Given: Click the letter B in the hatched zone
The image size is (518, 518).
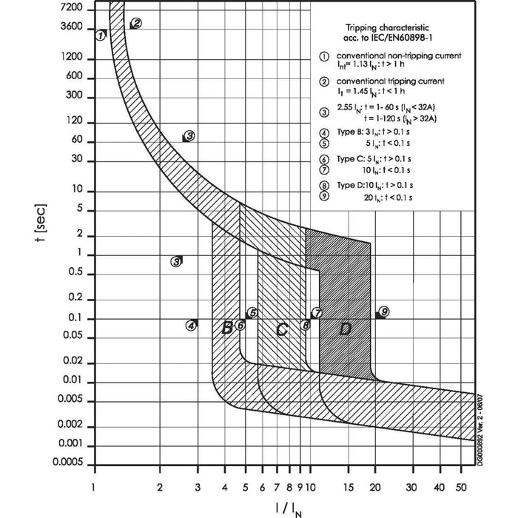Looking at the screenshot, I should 228,328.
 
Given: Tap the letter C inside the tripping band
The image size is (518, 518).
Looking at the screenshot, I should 281,330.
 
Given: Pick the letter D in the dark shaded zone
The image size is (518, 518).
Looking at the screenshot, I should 345,329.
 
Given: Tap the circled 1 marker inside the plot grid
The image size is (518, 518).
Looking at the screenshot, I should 101,35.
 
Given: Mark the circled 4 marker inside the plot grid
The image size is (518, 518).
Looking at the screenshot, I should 192,324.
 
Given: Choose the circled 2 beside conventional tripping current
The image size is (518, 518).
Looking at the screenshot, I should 323,81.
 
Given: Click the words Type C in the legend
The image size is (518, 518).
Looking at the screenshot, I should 351,158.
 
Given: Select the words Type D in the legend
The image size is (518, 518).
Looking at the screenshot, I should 351,185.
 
